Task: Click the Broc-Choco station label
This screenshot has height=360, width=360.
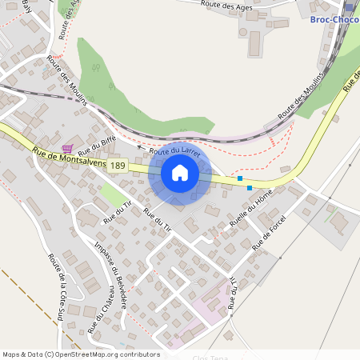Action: coord(334,18)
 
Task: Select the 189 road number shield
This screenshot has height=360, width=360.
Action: coord(118,165)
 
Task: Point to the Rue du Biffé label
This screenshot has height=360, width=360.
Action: coord(93,145)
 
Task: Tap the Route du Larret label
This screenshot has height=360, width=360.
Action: coord(174,150)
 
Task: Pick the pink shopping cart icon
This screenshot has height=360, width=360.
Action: coord(68,148)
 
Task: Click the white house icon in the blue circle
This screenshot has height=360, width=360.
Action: coord(180,172)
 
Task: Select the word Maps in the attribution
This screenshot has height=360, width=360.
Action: coord(11,354)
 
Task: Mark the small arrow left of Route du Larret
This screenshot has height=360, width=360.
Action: coord(141,148)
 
